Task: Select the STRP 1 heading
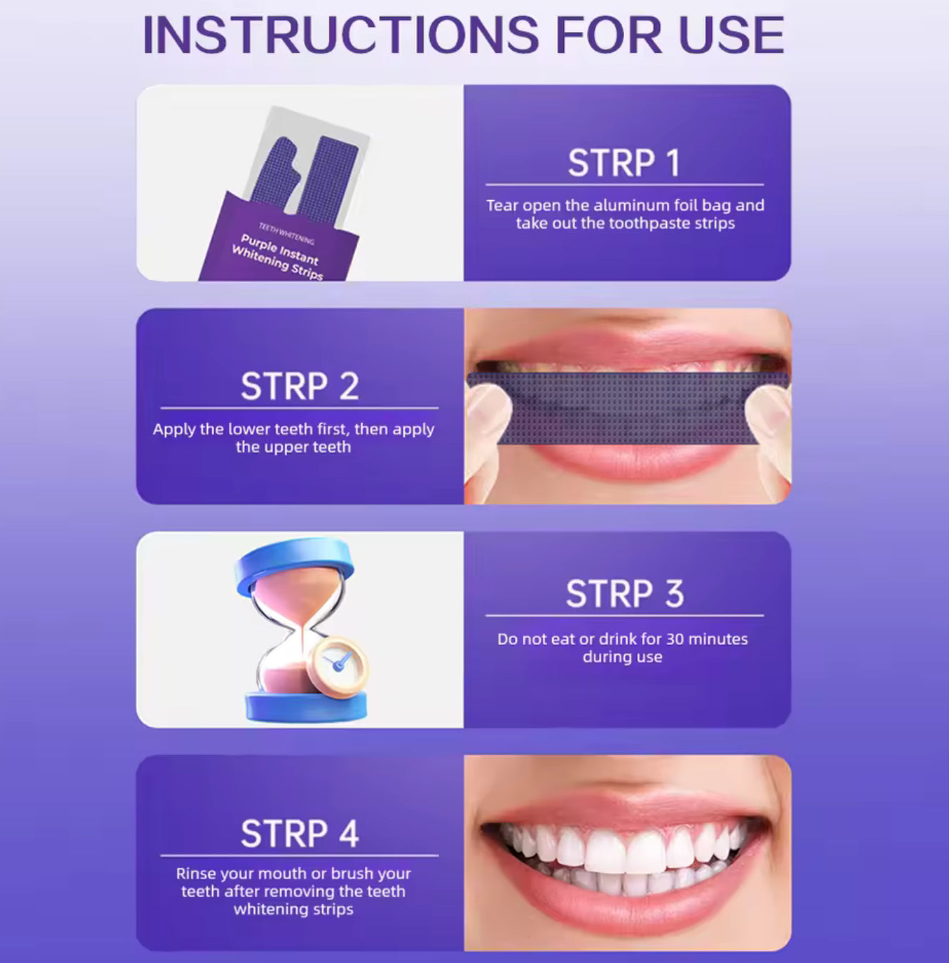(624, 163)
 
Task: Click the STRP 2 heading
(300, 386)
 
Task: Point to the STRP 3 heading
(625, 594)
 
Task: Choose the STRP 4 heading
(300, 834)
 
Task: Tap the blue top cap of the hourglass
(294, 564)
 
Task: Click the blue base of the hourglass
(306, 706)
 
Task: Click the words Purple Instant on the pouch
(279, 249)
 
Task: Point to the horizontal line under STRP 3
(625, 616)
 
